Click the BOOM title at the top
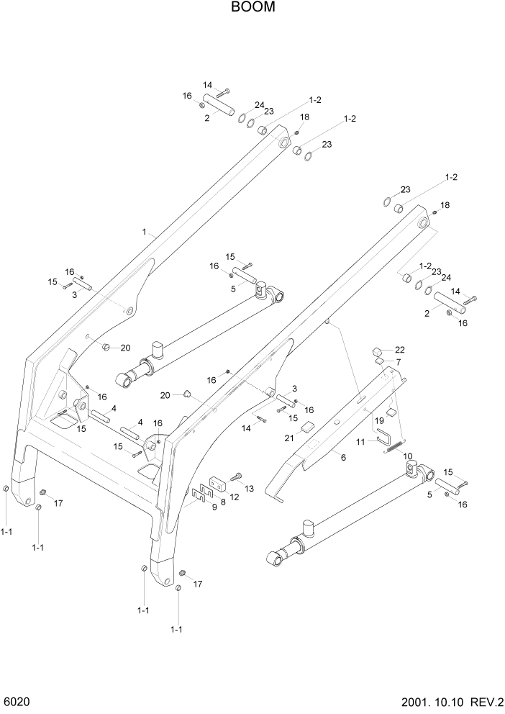tap(252, 8)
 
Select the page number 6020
tap(17, 702)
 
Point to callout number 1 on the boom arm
tap(144, 232)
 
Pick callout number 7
tap(399, 361)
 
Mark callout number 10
tap(407, 456)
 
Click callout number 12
tap(234, 497)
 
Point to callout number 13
tap(249, 489)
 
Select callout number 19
tap(378, 420)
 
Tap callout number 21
tap(289, 438)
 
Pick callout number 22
tap(399, 349)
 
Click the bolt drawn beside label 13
tap(237, 476)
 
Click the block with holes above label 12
tap(219, 481)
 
